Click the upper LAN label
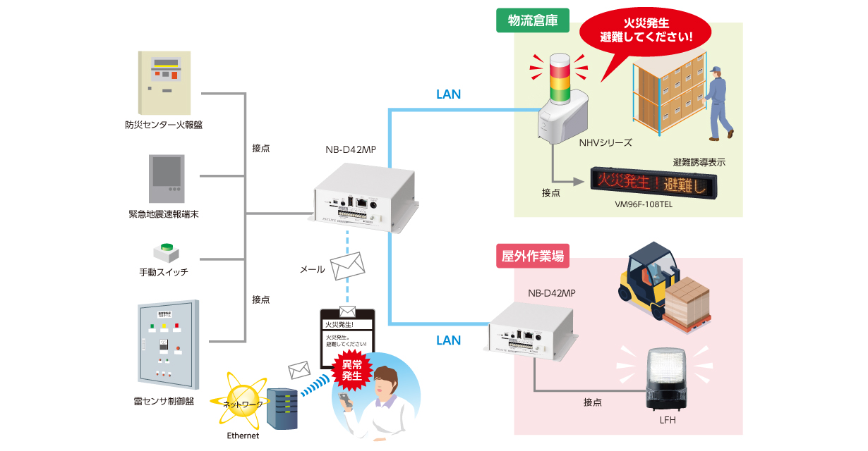(x=448, y=94)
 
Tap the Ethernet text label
(x=243, y=435)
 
